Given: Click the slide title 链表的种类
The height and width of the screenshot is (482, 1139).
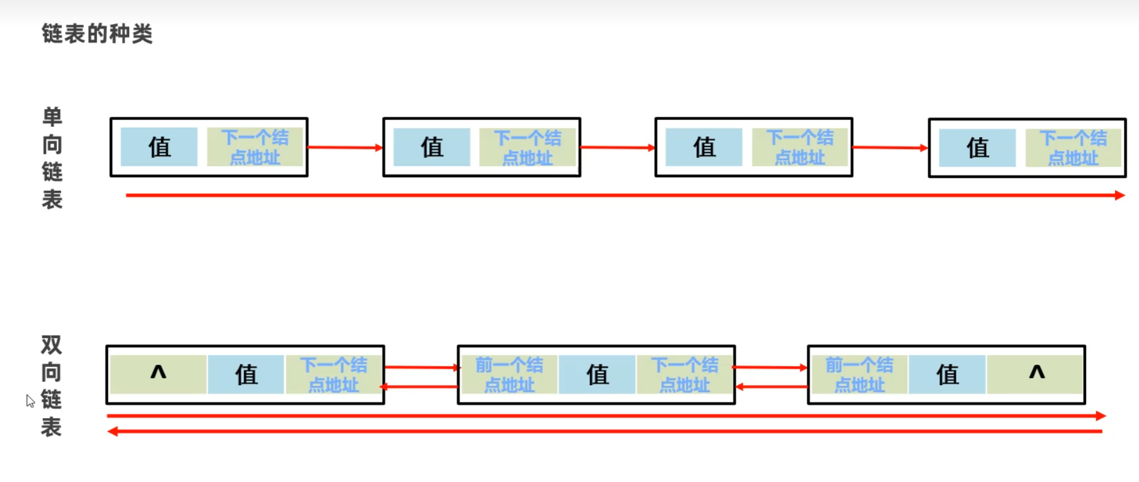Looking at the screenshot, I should [97, 33].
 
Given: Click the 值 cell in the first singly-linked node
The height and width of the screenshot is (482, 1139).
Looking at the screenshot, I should [159, 147].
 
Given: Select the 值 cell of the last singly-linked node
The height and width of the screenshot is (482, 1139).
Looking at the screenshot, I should [977, 148].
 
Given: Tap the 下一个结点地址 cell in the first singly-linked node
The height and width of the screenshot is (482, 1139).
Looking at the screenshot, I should [254, 147].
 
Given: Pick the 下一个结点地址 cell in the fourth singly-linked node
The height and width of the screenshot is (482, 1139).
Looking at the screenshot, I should [1073, 148].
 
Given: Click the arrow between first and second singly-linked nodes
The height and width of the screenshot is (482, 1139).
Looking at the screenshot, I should [345, 147].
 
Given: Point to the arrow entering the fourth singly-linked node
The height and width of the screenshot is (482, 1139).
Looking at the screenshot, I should [890, 148].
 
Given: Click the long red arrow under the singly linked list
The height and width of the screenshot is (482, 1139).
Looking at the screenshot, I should [623, 196].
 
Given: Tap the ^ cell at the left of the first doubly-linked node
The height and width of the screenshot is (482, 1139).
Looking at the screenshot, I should [158, 374].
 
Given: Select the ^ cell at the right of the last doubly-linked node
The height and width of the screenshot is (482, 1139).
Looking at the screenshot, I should [1036, 374].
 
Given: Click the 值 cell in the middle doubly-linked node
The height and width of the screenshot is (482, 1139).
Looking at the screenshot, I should [597, 375].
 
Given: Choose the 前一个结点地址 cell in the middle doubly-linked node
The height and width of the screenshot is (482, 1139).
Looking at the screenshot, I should [509, 375].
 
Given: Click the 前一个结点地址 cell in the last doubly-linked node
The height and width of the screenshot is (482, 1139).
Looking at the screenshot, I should [859, 375].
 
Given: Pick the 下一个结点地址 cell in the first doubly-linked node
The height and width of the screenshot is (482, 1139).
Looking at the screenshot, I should [333, 375].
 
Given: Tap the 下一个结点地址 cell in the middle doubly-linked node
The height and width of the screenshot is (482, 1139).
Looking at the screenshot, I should [684, 375].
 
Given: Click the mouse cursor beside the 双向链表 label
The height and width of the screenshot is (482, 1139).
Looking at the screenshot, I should [30, 400].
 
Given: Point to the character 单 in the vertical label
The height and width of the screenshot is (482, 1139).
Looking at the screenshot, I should [52, 117].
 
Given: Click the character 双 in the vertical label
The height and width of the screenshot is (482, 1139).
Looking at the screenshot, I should [51, 345].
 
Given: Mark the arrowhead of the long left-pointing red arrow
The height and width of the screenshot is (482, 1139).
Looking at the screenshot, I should [112, 432].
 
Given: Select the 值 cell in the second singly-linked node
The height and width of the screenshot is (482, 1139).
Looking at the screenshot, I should [431, 147].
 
